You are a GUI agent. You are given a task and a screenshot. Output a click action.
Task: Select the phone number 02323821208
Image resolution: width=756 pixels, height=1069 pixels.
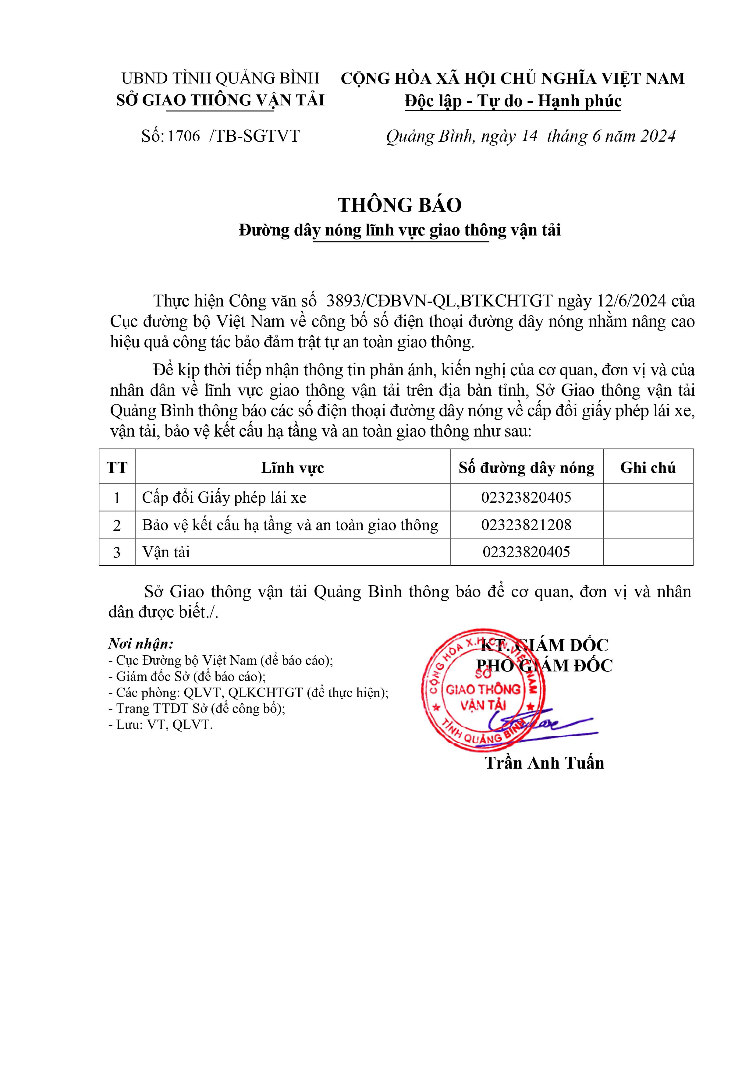pyautogui.click(x=526, y=525)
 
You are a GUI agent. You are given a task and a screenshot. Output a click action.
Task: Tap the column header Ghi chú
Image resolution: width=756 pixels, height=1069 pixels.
pyautogui.click(x=648, y=467)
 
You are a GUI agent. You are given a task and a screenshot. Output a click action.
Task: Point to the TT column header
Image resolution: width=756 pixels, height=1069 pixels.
pyautogui.click(x=117, y=467)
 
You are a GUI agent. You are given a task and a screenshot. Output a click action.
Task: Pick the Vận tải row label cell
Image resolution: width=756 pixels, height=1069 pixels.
pyautogui.click(x=166, y=552)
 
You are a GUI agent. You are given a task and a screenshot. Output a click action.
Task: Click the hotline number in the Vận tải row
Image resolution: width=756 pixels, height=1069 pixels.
pyautogui.click(x=526, y=552)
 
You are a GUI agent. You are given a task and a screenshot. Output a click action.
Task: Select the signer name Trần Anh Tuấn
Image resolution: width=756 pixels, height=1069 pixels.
pyautogui.click(x=544, y=763)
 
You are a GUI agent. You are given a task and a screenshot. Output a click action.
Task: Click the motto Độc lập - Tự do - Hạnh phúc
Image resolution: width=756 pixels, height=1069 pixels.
pyautogui.click(x=513, y=101)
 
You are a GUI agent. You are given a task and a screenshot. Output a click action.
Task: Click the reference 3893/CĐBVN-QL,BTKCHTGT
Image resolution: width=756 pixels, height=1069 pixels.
pyautogui.click(x=439, y=301)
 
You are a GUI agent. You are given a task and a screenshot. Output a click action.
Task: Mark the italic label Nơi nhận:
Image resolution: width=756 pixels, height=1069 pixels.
pyautogui.click(x=141, y=644)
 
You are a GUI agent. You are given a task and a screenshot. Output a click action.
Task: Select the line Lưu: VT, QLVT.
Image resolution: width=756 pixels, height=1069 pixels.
pyautogui.click(x=160, y=725)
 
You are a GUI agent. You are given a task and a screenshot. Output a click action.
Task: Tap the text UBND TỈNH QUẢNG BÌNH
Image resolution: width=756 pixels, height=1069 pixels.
pyautogui.click(x=220, y=78)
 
